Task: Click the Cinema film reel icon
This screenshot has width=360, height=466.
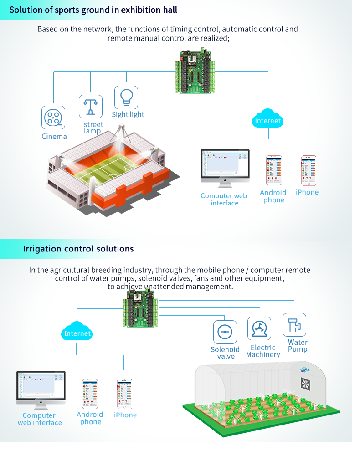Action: point(53,118)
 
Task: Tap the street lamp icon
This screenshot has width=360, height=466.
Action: point(91,107)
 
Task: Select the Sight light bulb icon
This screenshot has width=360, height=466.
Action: point(126,97)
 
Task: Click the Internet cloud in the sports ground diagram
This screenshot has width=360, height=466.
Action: point(268,120)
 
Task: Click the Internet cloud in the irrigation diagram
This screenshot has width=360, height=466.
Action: point(77,333)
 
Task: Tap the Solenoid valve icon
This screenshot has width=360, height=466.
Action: point(225,332)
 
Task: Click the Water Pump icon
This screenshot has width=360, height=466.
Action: point(294,325)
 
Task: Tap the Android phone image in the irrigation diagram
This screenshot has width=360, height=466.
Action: point(90,394)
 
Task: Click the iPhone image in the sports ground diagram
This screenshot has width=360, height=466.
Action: point(309,171)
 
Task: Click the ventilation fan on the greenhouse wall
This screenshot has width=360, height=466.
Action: point(305,384)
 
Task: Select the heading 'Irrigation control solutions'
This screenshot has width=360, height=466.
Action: point(78,249)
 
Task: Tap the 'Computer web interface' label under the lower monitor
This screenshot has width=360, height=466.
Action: point(40,419)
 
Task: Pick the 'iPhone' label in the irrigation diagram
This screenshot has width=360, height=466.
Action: point(125,415)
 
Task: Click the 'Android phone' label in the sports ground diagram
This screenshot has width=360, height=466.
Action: point(273,196)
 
